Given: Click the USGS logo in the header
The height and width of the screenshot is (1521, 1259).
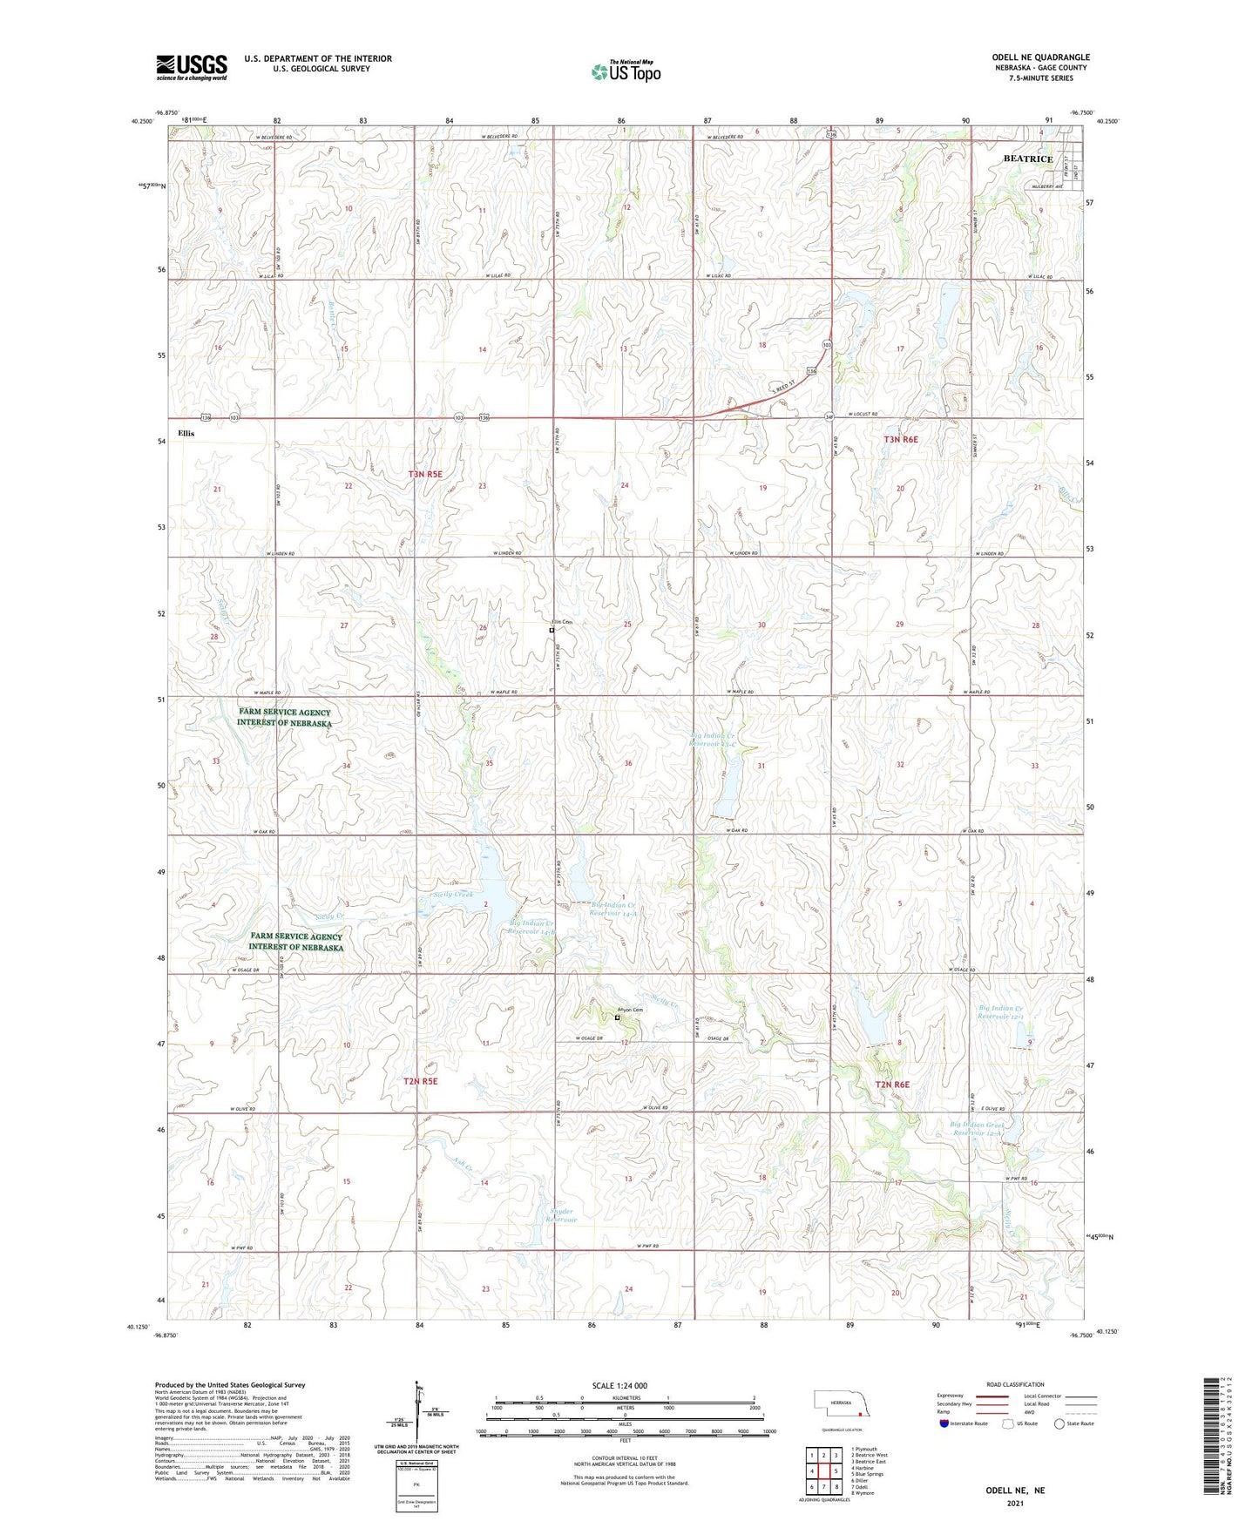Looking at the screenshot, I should (192, 67).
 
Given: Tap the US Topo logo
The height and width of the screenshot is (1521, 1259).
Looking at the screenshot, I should (626, 71).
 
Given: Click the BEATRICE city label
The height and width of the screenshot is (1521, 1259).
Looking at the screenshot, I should (1027, 159).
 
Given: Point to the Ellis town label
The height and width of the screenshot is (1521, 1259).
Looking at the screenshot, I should (186, 433).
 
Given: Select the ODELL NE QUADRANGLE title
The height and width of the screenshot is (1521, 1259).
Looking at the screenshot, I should (1040, 57).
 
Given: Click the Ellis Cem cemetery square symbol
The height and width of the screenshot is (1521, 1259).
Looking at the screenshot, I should (552, 630).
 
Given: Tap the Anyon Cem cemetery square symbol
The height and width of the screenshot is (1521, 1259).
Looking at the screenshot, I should (618, 1017).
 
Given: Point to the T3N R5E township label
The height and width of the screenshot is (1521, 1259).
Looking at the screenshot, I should (425, 474).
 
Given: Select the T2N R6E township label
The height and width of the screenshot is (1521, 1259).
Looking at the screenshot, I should (892, 1085).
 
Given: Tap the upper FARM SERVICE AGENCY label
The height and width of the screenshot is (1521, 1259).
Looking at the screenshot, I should (284, 717).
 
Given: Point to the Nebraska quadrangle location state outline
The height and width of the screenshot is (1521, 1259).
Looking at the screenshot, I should (842, 1406).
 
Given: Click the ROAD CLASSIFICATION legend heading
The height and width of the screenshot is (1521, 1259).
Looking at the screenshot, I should (1015, 1384).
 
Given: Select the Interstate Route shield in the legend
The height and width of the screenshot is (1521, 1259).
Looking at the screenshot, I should (944, 1423).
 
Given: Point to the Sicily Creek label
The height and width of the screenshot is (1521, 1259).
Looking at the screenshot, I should (453, 895).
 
